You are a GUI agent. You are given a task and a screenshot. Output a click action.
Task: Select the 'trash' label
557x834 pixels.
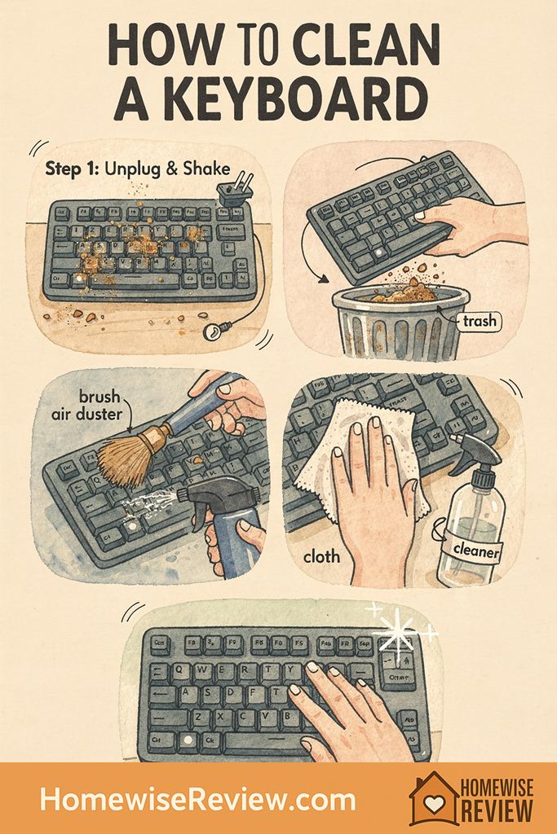pos(479,321)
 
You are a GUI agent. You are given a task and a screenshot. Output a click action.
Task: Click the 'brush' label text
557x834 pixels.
pos(99,397)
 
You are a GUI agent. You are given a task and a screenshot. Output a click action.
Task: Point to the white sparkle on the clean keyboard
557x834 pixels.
pos(399,632)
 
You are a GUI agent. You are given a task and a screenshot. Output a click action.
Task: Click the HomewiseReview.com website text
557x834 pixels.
pos(198,799)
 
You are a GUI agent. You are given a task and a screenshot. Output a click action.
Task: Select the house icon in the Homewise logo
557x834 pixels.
pos(432,800)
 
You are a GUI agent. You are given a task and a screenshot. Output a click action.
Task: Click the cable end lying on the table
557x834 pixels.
pos(214,331)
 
